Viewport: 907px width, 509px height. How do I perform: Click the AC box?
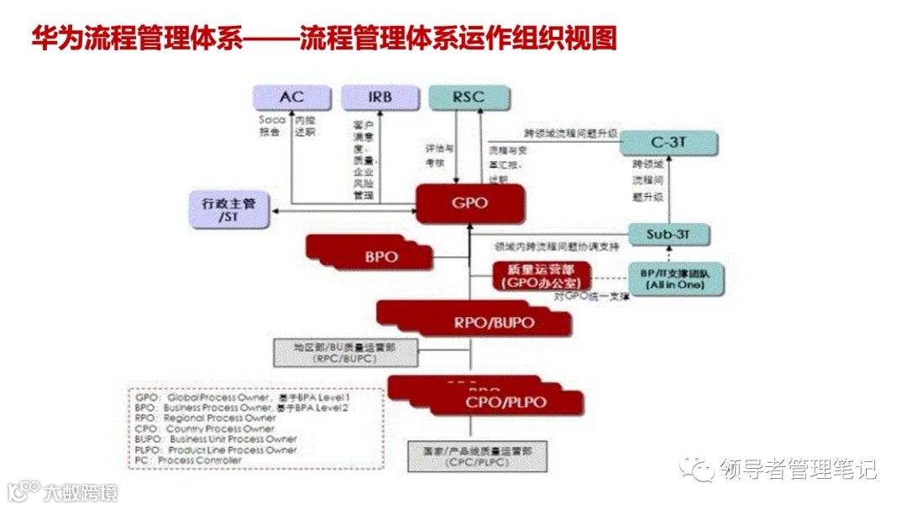[x=291, y=97]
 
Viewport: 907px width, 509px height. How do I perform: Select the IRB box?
[x=380, y=97]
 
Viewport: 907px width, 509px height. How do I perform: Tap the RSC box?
[x=468, y=97]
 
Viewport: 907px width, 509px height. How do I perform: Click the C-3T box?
[x=668, y=143]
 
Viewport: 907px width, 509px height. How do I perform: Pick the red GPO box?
[x=470, y=204]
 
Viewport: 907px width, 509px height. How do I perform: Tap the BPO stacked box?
[x=380, y=255]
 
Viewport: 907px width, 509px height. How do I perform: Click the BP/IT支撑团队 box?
[x=675, y=278]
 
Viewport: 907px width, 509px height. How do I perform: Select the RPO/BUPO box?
[x=493, y=321]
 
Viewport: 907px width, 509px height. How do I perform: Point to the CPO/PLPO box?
[x=506, y=403]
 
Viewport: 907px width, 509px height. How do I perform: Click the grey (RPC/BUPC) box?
[x=345, y=352]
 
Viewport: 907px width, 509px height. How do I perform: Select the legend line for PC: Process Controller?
[x=188, y=460]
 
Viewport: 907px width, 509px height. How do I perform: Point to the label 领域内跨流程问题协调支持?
[x=556, y=247]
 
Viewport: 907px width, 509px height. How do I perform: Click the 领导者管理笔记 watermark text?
[x=797, y=470]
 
